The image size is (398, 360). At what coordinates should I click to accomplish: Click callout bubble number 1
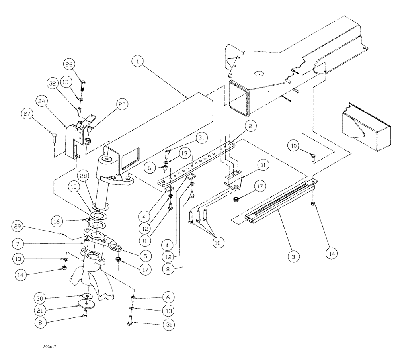[x=138, y=62]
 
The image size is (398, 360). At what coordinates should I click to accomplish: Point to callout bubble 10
[x=294, y=147]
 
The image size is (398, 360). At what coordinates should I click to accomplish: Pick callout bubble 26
[x=70, y=64]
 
